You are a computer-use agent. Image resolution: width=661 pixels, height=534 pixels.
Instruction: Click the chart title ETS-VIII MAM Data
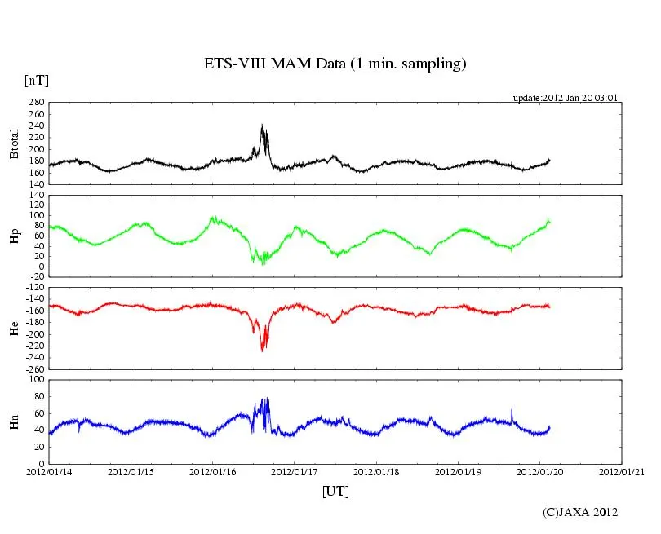click(335, 64)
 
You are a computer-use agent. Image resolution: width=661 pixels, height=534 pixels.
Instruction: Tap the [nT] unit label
click(36, 81)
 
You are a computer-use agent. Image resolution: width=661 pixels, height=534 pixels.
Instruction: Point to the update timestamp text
click(565, 97)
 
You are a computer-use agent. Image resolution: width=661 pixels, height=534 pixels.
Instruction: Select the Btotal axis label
click(14, 143)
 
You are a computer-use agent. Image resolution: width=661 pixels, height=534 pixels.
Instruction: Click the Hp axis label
click(14, 236)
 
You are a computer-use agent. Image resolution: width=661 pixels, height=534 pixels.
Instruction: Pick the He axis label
click(14, 328)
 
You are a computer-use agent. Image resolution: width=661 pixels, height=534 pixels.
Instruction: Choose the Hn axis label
click(14, 421)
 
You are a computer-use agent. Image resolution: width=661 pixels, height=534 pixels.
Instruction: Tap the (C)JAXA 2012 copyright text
click(580, 512)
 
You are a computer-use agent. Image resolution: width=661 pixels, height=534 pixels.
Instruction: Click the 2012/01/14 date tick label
click(50, 472)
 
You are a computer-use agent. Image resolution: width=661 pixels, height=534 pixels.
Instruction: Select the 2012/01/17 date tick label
click(295, 472)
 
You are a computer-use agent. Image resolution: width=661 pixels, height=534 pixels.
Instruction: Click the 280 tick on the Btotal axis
click(36, 104)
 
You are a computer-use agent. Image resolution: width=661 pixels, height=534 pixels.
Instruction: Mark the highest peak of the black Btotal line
click(262, 125)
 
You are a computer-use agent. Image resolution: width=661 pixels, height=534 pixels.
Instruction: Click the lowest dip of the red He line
click(262, 351)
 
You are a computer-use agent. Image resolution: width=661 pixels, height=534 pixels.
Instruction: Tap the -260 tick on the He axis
click(33, 369)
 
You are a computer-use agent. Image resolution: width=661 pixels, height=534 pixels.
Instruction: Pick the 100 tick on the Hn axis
click(36, 380)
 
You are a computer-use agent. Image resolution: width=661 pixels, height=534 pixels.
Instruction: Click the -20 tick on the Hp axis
click(36, 276)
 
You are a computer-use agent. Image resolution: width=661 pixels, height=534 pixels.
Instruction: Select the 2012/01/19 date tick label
click(458, 472)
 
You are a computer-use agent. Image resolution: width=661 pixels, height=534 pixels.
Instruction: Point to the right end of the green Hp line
click(550, 222)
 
